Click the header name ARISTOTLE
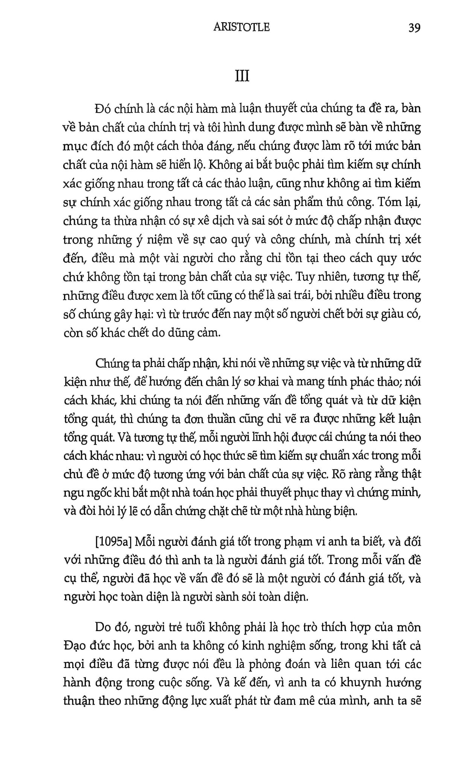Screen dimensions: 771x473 (241, 28)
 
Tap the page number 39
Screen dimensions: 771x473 (414, 28)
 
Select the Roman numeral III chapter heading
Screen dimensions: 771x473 (242, 77)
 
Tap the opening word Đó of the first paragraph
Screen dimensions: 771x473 (103, 109)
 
